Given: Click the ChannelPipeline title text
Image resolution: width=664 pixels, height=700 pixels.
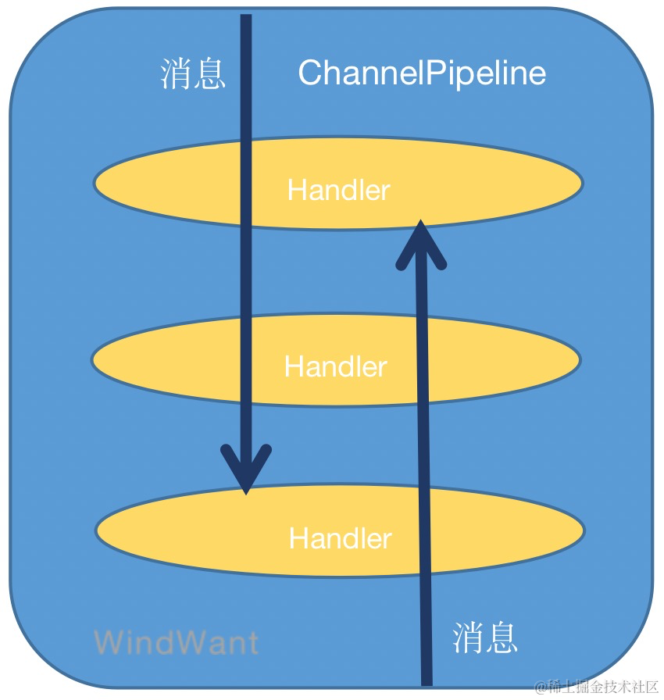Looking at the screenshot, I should [422, 73].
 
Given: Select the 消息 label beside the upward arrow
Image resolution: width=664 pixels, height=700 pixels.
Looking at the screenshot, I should [485, 637].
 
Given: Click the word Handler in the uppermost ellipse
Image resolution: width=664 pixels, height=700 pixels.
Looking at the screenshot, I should [338, 190].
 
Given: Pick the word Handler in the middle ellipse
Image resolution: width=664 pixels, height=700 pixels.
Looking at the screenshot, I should [335, 366].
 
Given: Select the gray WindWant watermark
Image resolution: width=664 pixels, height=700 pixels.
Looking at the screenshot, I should [176, 642].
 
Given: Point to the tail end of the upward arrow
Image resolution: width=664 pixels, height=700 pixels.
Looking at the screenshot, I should [427, 681].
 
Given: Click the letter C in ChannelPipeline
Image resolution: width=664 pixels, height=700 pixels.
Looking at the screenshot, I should [309, 73].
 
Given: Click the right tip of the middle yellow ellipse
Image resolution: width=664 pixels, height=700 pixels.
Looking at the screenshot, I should [579, 360].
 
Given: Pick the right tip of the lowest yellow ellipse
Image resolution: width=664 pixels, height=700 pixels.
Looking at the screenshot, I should [583, 530].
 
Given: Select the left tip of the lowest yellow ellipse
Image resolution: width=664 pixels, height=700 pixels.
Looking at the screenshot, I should [98, 530].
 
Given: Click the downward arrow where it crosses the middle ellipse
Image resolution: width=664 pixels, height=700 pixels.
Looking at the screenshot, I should [246, 359].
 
